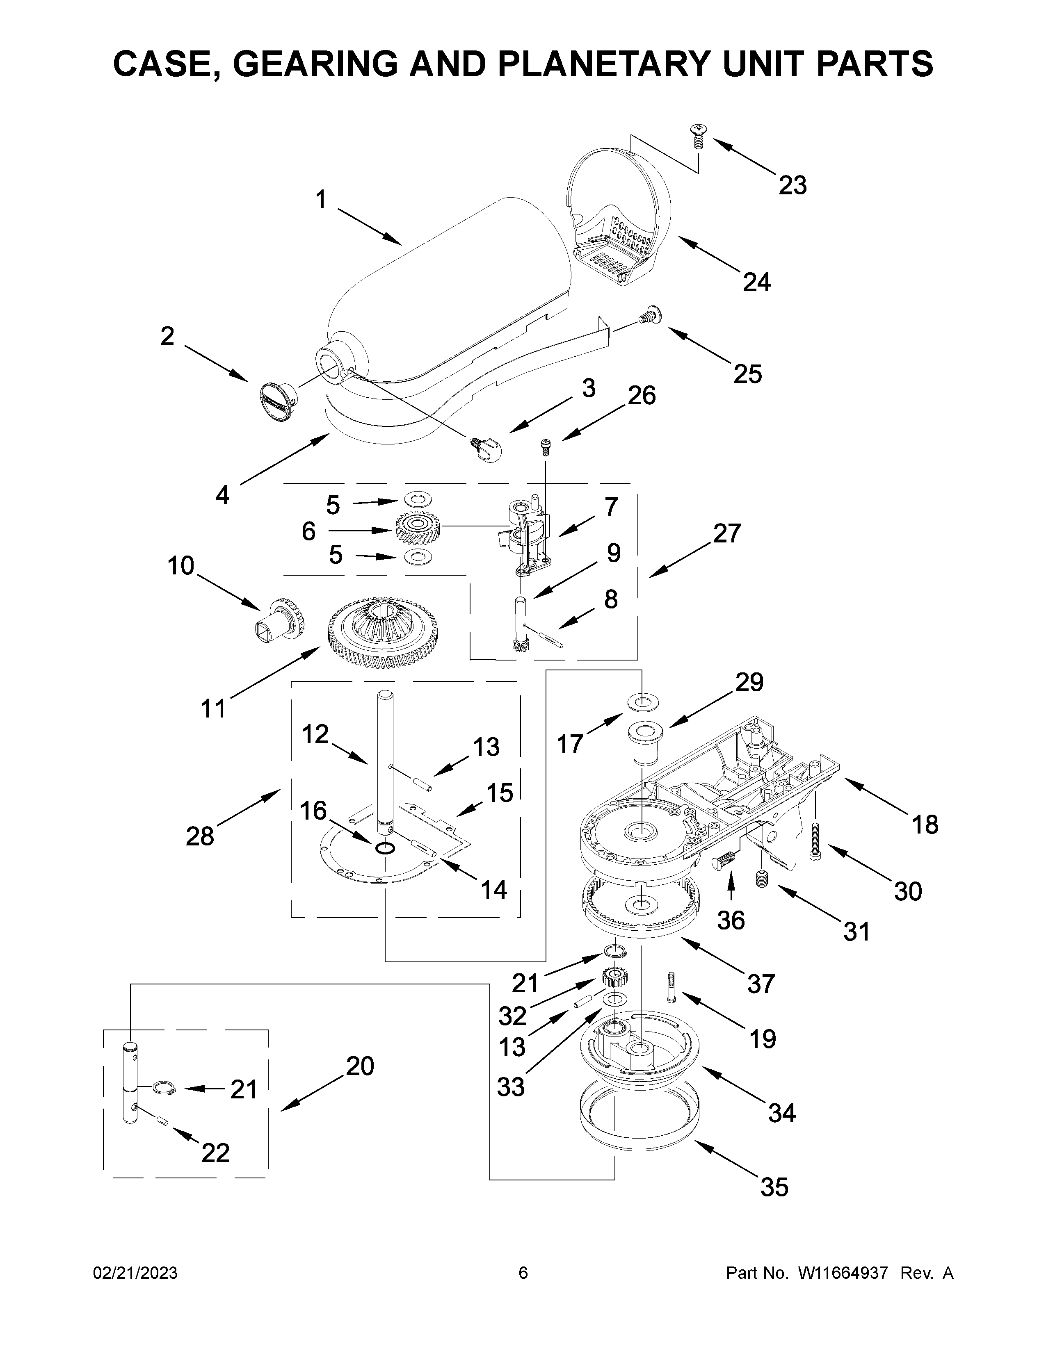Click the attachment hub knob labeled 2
coord(277,401)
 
